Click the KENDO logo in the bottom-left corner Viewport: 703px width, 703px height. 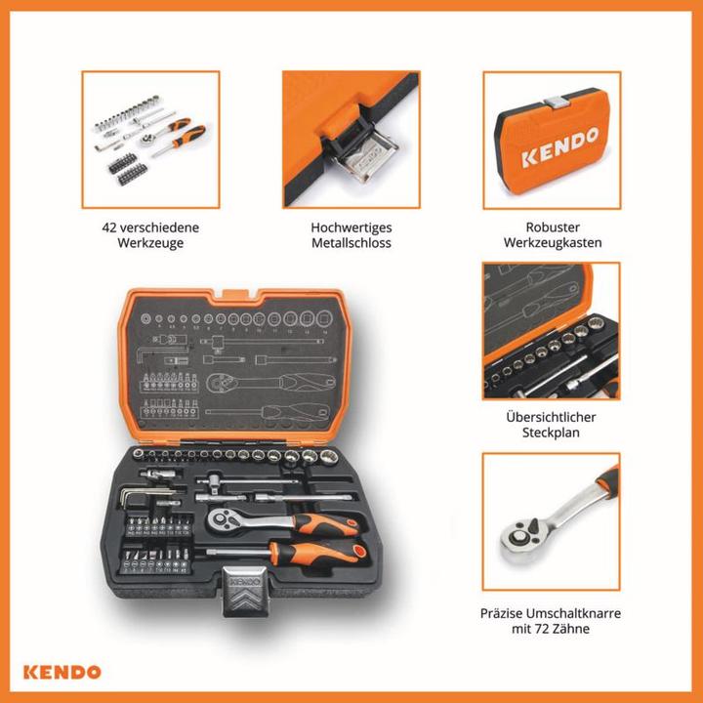coord(62,672)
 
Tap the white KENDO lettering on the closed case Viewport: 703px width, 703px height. coord(560,146)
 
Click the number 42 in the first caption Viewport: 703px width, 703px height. coord(109,227)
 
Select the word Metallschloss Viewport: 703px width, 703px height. coord(351,243)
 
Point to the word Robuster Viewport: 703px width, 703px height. coord(553,227)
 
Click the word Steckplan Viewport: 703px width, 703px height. coord(551,433)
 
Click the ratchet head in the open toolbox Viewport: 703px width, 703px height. coord(223,519)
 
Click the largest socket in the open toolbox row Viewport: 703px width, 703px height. coord(329,456)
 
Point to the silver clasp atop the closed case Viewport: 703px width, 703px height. coord(556,103)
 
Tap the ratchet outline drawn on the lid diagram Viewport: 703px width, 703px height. coord(270,383)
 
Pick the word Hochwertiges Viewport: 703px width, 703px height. coord(351,227)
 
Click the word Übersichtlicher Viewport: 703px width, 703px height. coord(551,417)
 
